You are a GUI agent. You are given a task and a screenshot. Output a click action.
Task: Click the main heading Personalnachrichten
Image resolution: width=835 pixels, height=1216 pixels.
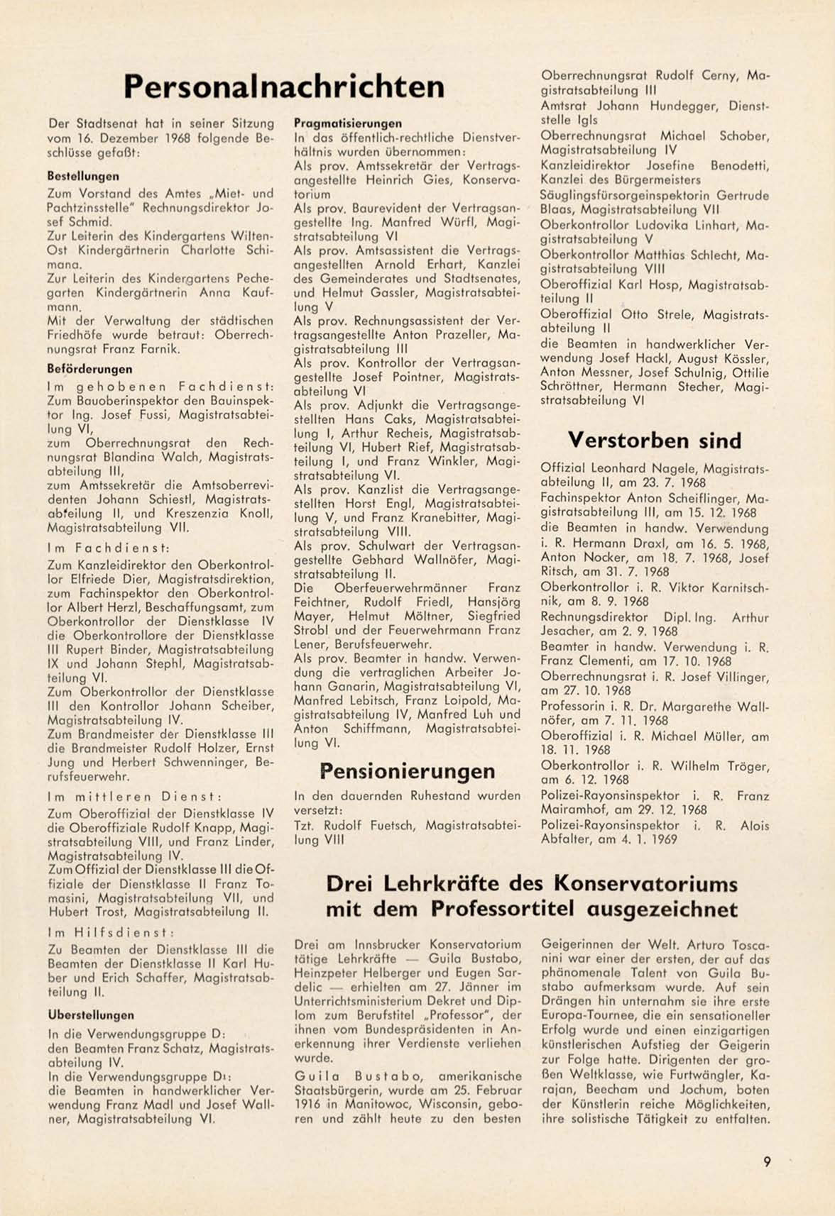284,87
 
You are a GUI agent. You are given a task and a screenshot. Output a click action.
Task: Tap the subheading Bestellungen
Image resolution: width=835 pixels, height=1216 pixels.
82,175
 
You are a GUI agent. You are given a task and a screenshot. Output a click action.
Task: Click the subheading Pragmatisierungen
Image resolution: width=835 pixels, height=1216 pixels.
348,123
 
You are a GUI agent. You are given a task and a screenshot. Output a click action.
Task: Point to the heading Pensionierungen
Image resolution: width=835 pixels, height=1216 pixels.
408,771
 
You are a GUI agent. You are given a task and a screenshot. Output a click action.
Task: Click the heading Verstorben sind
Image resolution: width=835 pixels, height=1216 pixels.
655,441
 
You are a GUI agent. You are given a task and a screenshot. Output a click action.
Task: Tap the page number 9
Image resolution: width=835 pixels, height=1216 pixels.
767,1161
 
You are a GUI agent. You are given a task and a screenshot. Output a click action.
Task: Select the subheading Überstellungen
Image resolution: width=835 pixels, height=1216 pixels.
91,1015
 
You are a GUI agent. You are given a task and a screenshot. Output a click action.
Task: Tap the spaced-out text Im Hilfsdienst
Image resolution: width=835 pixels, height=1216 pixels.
111,932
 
